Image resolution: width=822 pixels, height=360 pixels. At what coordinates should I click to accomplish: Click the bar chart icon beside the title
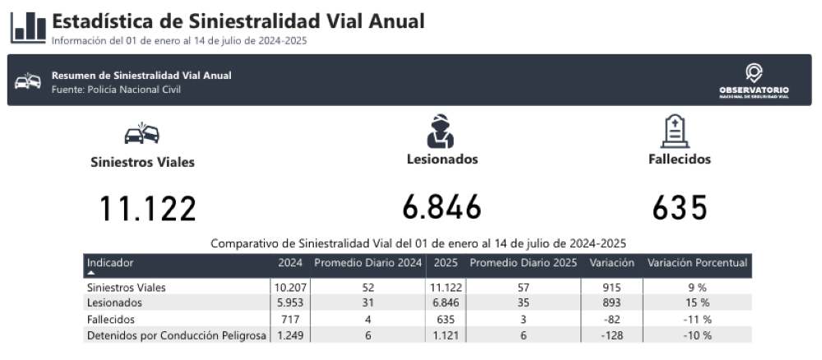tap(28, 27)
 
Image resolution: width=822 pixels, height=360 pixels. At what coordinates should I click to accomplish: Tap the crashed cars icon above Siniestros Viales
tap(142, 132)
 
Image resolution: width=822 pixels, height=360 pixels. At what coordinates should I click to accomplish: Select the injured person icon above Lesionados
tap(441, 130)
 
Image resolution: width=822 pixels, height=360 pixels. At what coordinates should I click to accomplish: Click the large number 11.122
tap(148, 209)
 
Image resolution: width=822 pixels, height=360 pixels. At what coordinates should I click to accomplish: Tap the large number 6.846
tap(442, 208)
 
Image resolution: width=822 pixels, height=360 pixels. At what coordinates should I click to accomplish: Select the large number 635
tap(680, 208)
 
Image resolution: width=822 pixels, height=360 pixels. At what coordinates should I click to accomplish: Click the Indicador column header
tap(110, 263)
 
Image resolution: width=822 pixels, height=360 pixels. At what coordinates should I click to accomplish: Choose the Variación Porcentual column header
tap(697, 263)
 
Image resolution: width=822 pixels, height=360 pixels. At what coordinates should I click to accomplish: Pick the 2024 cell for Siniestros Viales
tap(290, 288)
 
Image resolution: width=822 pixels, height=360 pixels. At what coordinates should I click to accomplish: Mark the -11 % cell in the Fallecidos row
tap(697, 319)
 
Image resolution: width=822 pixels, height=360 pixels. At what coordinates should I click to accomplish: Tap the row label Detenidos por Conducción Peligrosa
tap(177, 335)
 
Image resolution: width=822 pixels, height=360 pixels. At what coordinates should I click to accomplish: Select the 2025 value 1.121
tap(446, 335)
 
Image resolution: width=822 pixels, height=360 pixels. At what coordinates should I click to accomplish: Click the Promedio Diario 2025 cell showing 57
tap(523, 288)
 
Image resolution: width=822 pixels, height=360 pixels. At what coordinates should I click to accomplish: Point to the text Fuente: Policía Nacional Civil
tap(116, 89)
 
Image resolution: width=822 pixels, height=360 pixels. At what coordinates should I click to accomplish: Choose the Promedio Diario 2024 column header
tap(368, 263)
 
